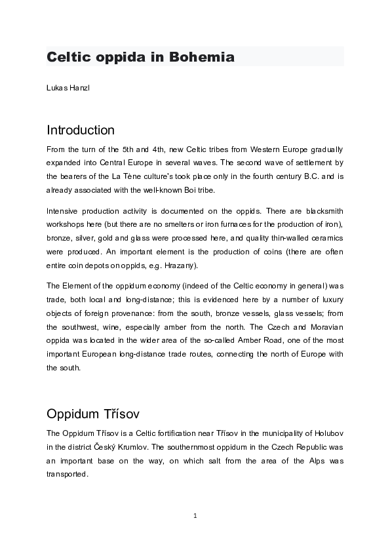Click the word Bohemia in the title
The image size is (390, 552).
coord(202,57)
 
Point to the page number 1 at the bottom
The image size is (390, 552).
coord(195,516)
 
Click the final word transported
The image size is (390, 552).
coord(67,474)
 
